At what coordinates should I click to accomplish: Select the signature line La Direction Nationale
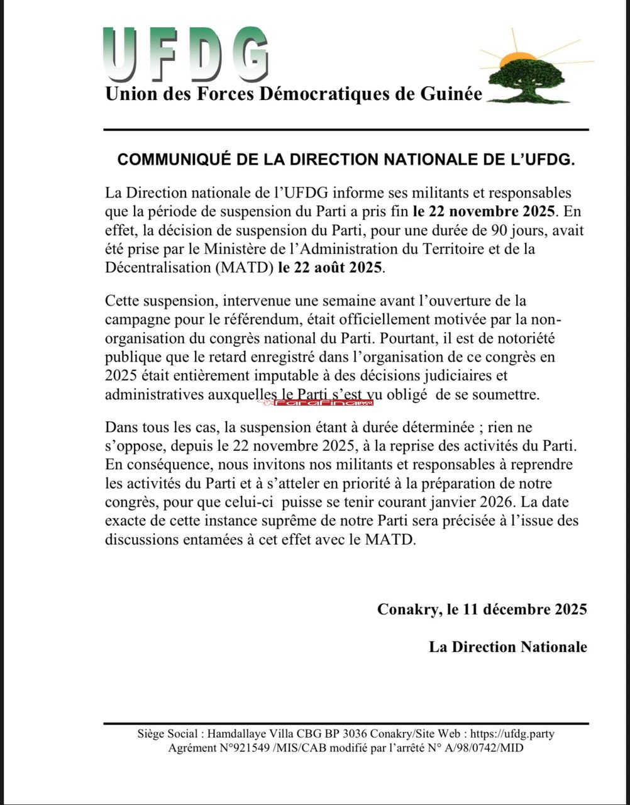click(508, 647)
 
